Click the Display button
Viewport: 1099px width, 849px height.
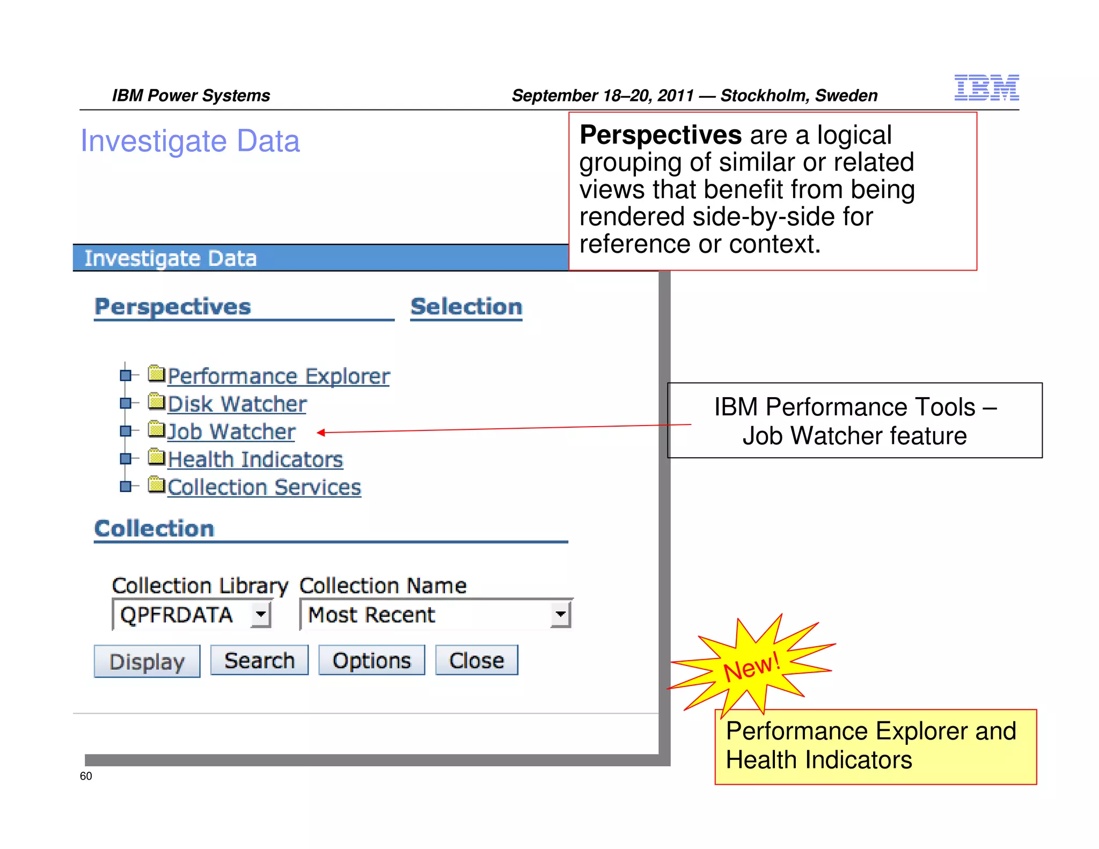pos(146,661)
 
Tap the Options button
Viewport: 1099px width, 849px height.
pos(371,660)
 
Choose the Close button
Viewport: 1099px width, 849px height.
pos(477,660)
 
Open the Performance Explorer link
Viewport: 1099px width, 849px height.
pos(279,376)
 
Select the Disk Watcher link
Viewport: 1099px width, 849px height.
pos(237,404)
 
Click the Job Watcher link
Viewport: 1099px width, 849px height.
pos(231,432)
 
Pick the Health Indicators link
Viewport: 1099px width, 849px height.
pos(255,460)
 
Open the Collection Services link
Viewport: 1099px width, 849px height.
pos(264,487)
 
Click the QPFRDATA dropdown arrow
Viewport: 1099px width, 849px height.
pos(261,614)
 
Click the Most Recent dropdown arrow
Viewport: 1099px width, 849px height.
pos(560,614)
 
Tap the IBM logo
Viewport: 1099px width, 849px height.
pos(986,87)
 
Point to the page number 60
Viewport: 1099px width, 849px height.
pos(86,776)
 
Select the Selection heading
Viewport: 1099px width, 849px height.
pos(466,307)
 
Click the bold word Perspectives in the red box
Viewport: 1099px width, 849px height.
pos(661,134)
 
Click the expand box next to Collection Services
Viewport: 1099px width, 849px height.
pos(126,486)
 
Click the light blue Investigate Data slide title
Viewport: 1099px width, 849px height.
pos(190,141)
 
